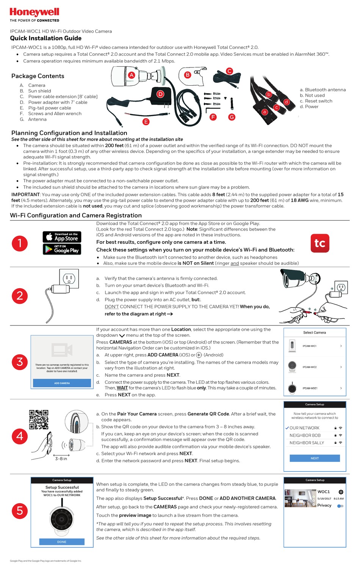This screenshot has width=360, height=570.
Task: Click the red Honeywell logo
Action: coord(34,13)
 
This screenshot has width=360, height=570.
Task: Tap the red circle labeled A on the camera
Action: coord(131,75)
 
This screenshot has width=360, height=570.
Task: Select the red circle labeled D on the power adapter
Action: coord(160,94)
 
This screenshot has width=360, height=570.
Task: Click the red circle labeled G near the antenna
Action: coord(232,117)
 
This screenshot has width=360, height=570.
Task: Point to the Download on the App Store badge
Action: coord(62,237)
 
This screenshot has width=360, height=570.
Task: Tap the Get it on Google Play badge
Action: coord(62,249)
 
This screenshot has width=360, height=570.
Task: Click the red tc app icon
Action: coord(320,243)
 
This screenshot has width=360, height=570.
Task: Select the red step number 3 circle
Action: coord(20,362)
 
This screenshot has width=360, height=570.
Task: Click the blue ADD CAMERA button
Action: coord(62,383)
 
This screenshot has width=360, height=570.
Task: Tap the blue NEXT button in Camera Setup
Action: coord(315,458)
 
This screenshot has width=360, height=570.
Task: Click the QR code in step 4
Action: coord(39,419)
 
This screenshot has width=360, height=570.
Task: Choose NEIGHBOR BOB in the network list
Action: coord(305,435)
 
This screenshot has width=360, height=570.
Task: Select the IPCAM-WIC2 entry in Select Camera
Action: coord(315,367)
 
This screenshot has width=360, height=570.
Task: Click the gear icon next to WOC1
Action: coord(341,492)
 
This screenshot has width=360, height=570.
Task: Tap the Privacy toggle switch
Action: coord(340,506)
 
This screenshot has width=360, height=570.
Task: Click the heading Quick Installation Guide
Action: coord(45,38)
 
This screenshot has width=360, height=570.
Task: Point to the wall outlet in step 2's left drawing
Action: coord(69,279)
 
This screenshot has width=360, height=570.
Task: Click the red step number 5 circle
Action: coord(20,511)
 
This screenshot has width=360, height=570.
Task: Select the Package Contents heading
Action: coord(38,76)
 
